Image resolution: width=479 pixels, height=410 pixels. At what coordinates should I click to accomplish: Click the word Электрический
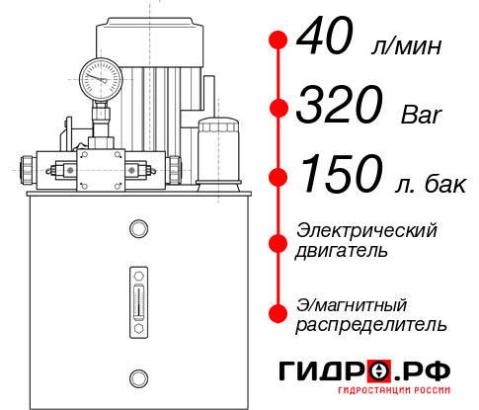pyautogui.click(x=366, y=231)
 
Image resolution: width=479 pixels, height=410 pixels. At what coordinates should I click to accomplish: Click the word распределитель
pyautogui.click(x=371, y=324)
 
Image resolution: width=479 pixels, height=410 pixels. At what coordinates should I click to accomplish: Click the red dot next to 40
pyautogui.click(x=279, y=40)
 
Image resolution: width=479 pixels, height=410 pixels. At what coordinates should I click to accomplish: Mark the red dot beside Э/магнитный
pyautogui.click(x=279, y=313)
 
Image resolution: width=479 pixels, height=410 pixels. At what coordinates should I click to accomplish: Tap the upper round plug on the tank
pyautogui.click(x=138, y=230)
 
